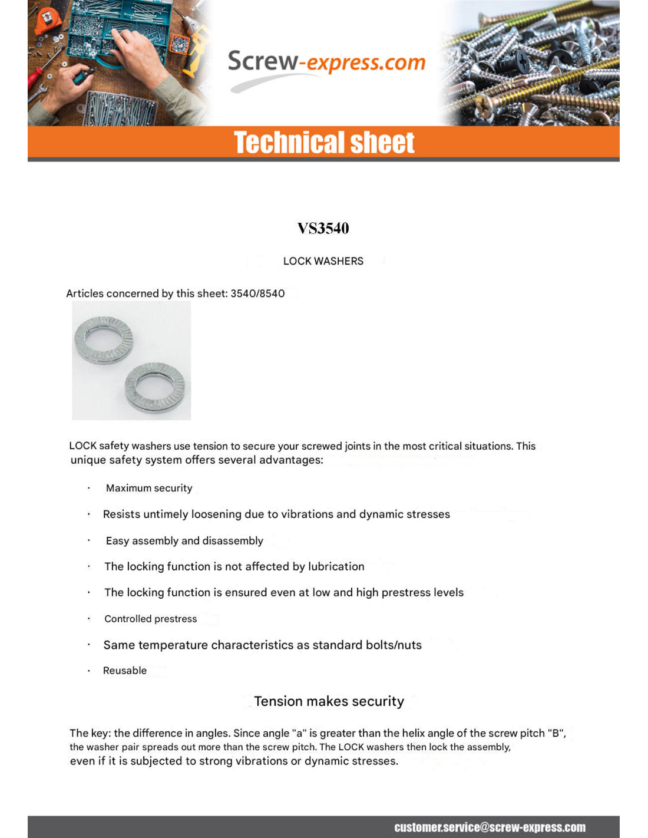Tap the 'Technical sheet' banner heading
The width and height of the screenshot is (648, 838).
click(324, 143)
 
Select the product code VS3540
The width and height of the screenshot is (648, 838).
click(323, 228)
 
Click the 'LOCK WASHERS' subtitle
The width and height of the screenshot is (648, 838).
click(323, 261)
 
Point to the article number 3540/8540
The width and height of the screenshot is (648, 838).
click(257, 293)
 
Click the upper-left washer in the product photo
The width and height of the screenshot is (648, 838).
click(104, 339)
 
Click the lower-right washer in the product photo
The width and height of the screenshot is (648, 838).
click(155, 387)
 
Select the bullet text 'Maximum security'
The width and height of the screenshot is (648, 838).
click(149, 488)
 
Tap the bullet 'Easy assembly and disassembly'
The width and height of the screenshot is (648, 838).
click(184, 541)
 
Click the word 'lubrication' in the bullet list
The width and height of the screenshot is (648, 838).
click(336, 567)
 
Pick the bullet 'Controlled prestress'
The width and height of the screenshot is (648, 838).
click(150, 619)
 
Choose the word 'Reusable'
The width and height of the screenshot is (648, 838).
click(125, 671)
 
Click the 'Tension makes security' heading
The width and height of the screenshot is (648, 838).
click(329, 701)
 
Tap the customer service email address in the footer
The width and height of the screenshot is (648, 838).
click(490, 827)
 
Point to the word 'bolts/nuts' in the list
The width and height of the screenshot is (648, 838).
click(394, 645)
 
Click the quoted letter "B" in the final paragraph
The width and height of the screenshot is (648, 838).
click(554, 733)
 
